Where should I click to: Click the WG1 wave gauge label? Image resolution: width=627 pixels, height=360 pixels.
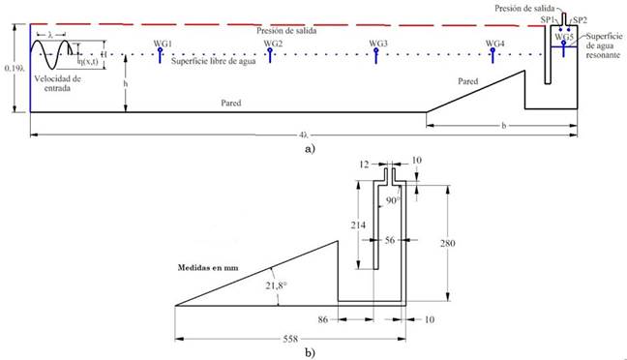(163, 44)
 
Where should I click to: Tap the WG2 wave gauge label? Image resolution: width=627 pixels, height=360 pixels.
(273, 44)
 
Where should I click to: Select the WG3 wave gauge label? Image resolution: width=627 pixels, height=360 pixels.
(378, 44)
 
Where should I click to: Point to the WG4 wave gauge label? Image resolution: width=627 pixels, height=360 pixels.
(495, 44)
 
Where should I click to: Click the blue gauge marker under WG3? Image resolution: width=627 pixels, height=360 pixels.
(376, 55)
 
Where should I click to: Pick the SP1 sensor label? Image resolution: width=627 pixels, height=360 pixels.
(548, 20)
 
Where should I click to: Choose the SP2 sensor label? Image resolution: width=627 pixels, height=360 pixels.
(580, 20)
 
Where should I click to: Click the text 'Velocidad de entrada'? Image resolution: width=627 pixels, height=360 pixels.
(57, 83)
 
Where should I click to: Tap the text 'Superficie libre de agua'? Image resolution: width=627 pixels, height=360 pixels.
(214, 61)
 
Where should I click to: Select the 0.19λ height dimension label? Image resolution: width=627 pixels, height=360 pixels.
(15, 68)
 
